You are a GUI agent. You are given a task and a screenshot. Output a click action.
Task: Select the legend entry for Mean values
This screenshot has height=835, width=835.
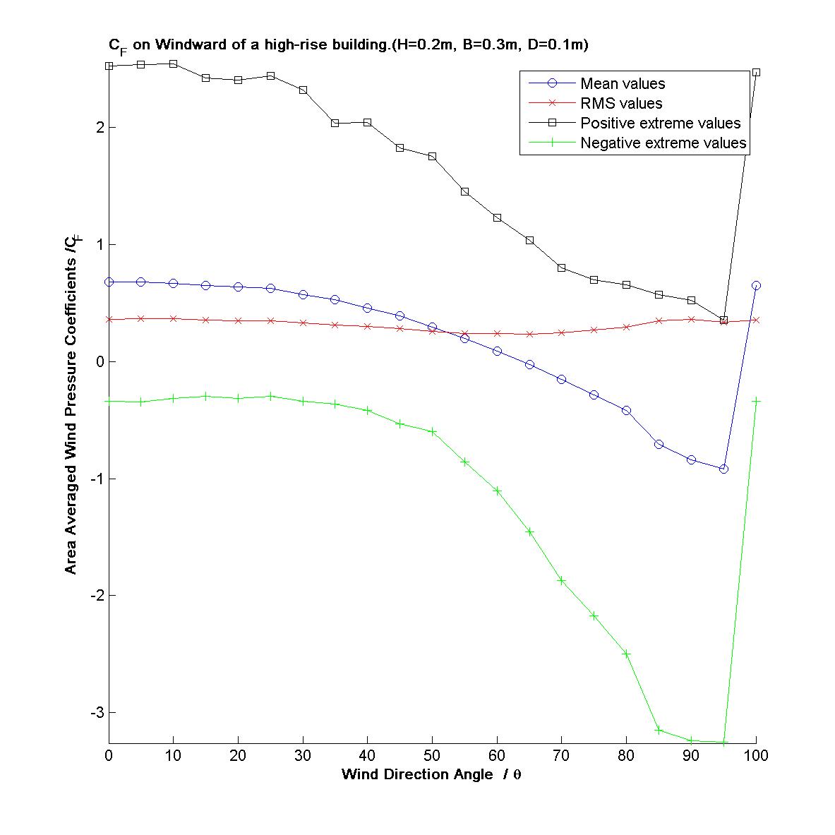[622, 84]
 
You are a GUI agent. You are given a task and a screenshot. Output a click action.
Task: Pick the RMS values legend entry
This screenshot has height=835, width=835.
[621, 104]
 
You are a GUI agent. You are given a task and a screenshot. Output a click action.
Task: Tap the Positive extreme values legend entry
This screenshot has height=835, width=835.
[660, 124]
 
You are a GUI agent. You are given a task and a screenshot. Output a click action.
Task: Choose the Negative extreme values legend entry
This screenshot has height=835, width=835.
[663, 143]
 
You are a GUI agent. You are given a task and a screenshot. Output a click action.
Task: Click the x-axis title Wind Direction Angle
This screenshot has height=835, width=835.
[431, 774]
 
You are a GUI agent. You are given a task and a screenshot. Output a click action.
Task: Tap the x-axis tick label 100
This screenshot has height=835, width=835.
[756, 756]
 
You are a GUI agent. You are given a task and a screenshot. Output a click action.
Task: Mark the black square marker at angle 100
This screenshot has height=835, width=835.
[756, 73]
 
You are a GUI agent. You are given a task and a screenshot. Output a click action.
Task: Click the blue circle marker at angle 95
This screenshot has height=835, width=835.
[723, 469]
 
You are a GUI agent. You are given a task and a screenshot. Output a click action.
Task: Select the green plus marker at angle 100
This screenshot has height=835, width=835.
[756, 401]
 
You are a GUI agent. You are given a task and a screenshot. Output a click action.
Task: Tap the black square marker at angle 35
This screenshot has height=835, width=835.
[335, 123]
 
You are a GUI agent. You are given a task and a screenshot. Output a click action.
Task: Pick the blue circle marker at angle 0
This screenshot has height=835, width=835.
[109, 282]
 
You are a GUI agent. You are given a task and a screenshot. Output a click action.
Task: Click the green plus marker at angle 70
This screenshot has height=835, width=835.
[562, 580]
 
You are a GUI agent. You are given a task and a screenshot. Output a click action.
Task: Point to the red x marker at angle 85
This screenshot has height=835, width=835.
[659, 320]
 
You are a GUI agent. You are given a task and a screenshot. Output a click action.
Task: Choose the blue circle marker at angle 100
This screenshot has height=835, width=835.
[756, 285]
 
